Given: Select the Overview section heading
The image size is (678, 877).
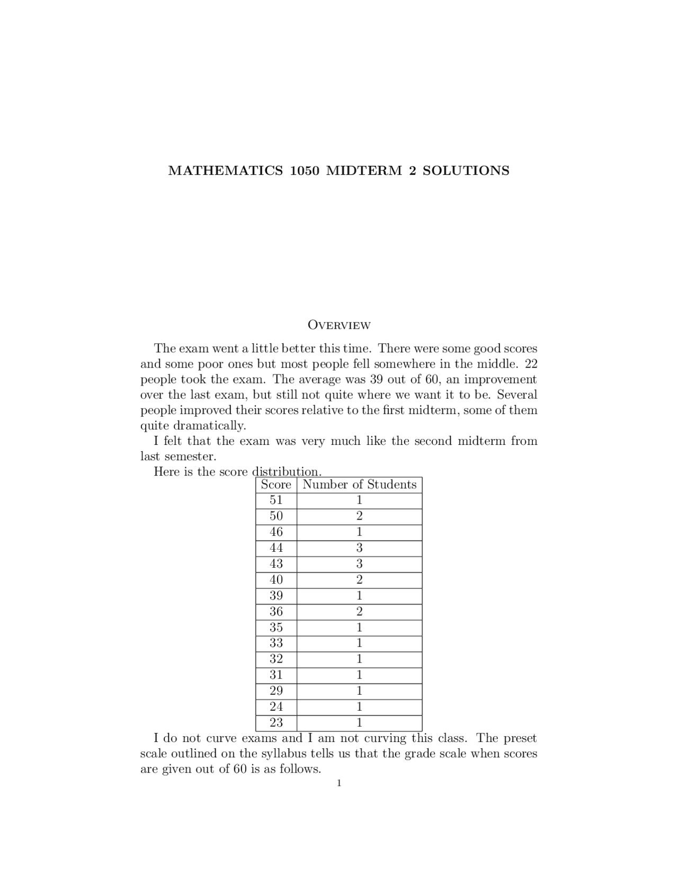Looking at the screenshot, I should [x=339, y=325].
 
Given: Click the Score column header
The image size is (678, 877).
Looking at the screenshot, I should [x=276, y=485].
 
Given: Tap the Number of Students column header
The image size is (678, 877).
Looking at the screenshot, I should [x=359, y=485].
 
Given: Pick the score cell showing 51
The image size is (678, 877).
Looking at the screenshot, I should [x=276, y=500].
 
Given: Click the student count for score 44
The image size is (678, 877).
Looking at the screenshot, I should [x=359, y=548].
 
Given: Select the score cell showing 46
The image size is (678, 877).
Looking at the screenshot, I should [x=276, y=532].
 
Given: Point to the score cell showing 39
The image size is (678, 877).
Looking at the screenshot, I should [x=276, y=596].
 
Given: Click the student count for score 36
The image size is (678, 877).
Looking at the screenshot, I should [x=359, y=612].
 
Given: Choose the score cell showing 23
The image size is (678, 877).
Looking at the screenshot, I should [x=276, y=723].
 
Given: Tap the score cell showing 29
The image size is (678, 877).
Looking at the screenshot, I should [x=276, y=691].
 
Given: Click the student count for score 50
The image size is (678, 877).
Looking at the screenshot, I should [x=359, y=516].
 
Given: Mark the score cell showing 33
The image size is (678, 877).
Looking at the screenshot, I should [x=276, y=643].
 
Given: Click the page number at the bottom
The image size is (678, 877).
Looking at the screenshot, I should [x=339, y=783].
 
